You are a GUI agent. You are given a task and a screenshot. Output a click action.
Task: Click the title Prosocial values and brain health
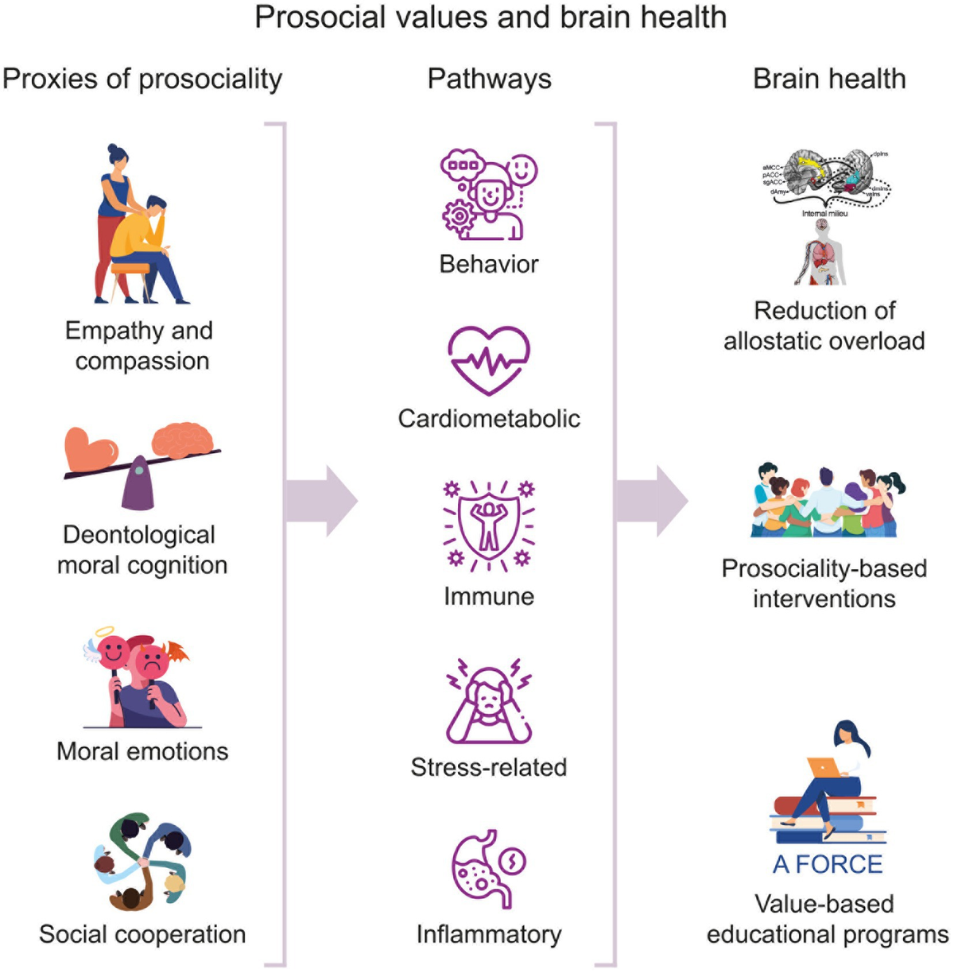tap(491, 17)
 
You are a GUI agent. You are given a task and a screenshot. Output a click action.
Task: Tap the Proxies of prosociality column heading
tap(142, 79)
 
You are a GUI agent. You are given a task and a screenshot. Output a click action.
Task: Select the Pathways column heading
tap(489, 79)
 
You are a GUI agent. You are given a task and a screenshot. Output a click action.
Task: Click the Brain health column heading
tap(828, 79)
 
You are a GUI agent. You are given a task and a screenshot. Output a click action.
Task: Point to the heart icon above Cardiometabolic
tap(488, 361)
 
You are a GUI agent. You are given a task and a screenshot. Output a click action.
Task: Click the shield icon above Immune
tap(488, 525)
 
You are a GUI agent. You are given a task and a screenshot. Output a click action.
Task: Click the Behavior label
tap(489, 264)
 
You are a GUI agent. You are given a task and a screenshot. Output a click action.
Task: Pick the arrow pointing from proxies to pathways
tap(321, 501)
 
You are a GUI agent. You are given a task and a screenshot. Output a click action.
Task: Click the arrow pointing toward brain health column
tap(651, 501)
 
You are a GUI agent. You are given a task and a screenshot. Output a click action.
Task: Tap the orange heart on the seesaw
tap(90, 449)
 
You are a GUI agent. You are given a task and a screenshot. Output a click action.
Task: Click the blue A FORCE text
tap(827, 864)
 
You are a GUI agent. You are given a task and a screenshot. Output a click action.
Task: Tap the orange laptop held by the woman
tap(824, 768)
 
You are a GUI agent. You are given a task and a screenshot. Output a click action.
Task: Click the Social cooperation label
tap(142, 934)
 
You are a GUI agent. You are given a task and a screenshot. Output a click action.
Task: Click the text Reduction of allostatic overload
tap(824, 325)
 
